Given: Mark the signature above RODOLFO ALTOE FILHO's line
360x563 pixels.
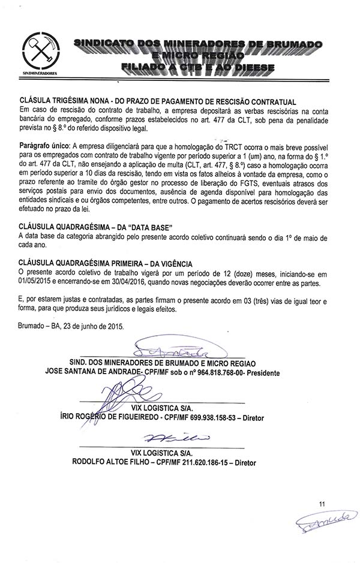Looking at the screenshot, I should (175, 441).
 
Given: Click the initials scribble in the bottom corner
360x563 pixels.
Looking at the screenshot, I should (319, 525).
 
